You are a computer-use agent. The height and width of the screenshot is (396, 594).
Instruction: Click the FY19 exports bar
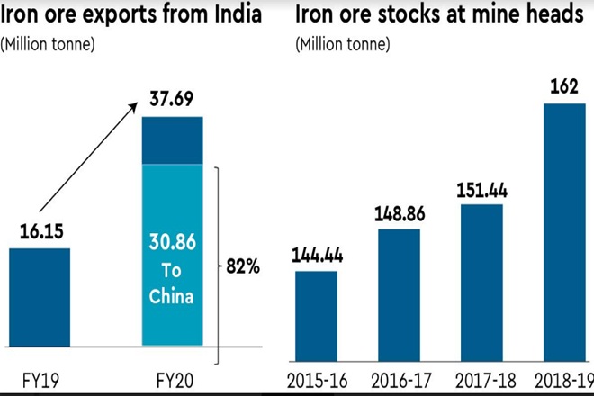(x=39, y=297)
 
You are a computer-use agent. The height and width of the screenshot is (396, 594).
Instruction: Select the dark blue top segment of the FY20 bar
(x=174, y=139)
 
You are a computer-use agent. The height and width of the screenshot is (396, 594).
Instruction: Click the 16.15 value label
(x=39, y=231)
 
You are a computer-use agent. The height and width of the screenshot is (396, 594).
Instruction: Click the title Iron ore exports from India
(x=136, y=15)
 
